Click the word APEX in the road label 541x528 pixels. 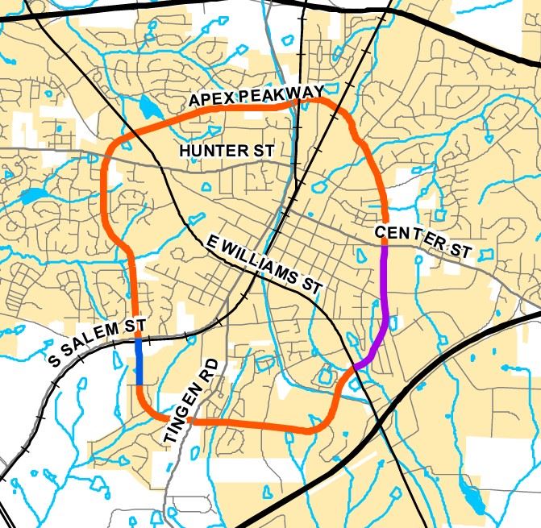coord(210,99)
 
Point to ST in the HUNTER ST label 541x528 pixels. coord(264,151)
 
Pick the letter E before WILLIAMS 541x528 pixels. coord(212,241)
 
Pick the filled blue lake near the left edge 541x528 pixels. coord(34,195)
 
